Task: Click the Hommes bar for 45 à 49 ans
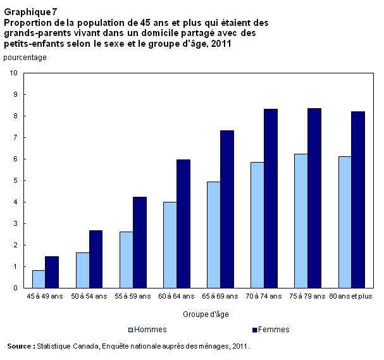(x=39, y=279)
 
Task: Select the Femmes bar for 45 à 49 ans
(x=52, y=272)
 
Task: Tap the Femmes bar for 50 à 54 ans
(x=96, y=259)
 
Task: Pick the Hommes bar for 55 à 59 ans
(x=126, y=260)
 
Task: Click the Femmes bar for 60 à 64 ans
(x=183, y=224)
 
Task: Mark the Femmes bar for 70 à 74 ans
(x=271, y=199)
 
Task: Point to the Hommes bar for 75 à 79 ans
(x=301, y=221)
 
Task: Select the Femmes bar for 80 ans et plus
(x=358, y=200)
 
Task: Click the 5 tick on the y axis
(x=15, y=181)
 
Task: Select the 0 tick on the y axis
(x=15, y=289)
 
